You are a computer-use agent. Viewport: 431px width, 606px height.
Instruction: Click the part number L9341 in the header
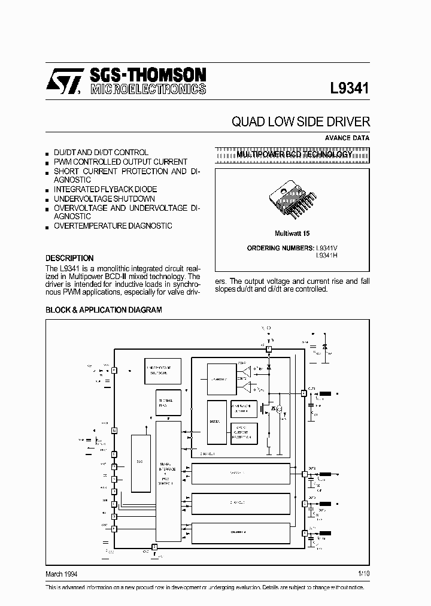(350, 88)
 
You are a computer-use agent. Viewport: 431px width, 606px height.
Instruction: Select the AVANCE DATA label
(347, 138)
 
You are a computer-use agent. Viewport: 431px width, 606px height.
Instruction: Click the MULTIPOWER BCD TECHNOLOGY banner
(293, 154)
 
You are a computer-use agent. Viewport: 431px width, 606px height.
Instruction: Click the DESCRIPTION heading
(69, 258)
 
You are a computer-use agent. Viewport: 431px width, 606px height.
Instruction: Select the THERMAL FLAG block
(165, 403)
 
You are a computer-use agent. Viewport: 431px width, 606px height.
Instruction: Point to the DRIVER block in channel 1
(215, 422)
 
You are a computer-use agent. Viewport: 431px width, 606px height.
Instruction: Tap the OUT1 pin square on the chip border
(303, 393)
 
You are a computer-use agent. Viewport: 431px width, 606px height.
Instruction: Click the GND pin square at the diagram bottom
(154, 547)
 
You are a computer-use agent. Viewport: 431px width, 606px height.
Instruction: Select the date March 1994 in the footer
(62, 574)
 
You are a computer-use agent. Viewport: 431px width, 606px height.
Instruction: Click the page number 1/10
(364, 574)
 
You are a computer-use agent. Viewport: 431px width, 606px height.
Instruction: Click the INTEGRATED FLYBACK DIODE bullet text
(104, 189)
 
